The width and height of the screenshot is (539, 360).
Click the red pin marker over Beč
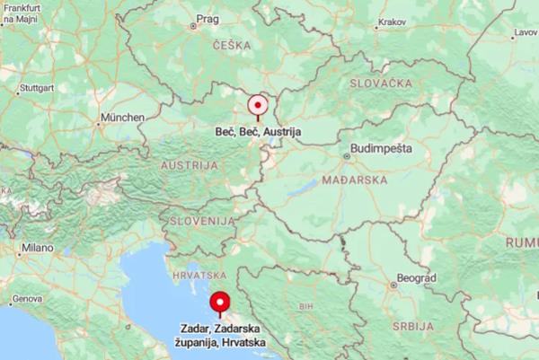(x=258, y=104)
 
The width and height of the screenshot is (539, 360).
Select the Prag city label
(x=208, y=18)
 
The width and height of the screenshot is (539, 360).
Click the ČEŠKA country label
(x=232, y=45)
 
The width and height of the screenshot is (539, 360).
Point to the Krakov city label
(x=393, y=22)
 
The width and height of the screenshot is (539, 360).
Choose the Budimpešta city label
(x=383, y=147)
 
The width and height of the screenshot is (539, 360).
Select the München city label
(x=122, y=118)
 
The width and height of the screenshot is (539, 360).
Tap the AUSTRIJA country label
(x=189, y=166)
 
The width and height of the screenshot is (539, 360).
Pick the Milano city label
(x=38, y=247)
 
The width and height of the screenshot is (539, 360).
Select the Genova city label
(x=27, y=298)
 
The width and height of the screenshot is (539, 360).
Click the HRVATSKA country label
(x=199, y=274)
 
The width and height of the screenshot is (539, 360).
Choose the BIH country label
(x=305, y=306)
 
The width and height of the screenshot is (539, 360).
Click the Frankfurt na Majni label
(x=22, y=12)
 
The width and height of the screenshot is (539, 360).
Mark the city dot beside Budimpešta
(x=348, y=155)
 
